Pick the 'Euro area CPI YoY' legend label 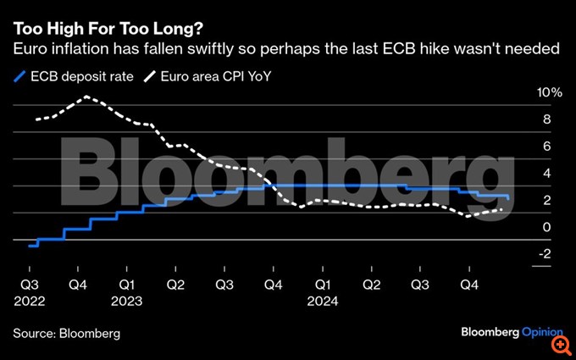(x=214, y=77)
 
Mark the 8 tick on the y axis (x=546, y=119)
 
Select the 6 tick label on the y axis (x=546, y=146)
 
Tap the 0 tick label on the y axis (x=546, y=227)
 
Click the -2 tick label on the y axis (x=545, y=253)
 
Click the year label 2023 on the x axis (x=126, y=300)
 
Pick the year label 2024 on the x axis (x=323, y=300)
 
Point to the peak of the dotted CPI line (x=87, y=97)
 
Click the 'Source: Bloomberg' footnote (x=66, y=333)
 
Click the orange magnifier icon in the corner (x=560, y=345)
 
